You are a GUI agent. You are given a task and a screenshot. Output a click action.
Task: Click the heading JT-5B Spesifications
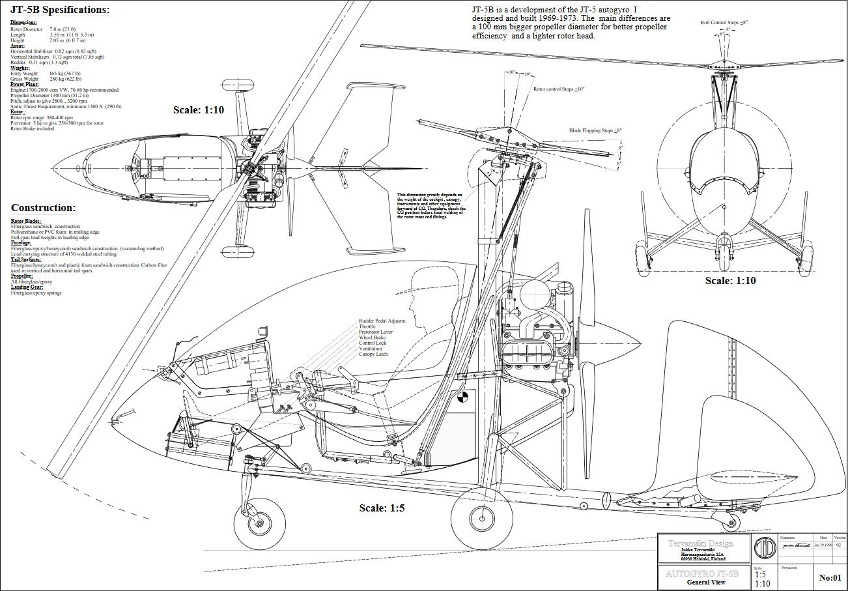(x=60, y=10)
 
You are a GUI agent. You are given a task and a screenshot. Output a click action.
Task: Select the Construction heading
(x=43, y=208)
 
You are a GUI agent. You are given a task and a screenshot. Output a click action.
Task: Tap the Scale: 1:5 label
(x=382, y=508)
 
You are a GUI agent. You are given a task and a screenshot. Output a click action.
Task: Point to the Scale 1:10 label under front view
(x=731, y=281)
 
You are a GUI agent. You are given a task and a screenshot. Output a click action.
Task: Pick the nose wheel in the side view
(x=258, y=525)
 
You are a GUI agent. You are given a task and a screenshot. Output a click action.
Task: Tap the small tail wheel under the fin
(x=732, y=522)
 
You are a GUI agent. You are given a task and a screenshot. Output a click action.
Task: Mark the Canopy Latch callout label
(x=373, y=354)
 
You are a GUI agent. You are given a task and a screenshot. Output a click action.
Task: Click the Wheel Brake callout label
(x=373, y=338)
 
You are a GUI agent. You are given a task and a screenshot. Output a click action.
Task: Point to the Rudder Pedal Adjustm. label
(x=382, y=321)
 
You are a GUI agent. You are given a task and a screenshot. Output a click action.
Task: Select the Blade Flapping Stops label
(x=595, y=130)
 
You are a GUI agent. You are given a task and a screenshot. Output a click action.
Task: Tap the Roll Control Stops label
(x=724, y=22)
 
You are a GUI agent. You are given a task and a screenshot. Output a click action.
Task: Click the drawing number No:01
(x=830, y=577)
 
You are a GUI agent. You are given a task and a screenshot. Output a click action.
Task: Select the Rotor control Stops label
(x=558, y=89)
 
